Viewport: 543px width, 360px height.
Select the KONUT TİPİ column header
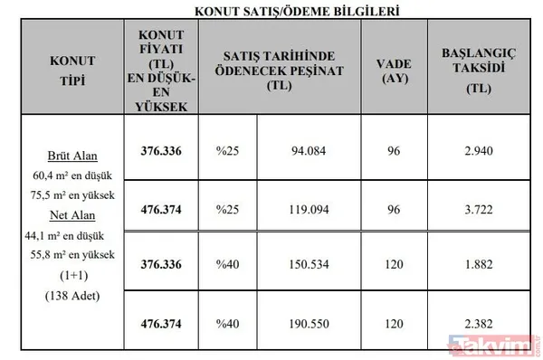coord(63,69)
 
